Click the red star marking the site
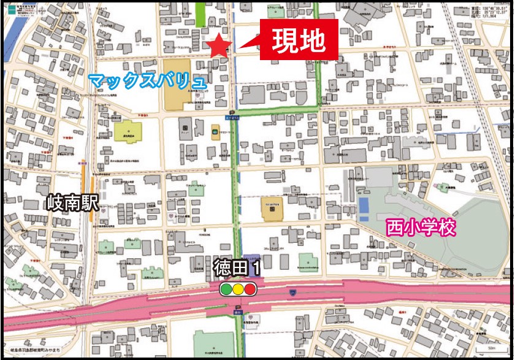[218, 47]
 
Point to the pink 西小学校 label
[421, 228]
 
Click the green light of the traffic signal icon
[226, 289]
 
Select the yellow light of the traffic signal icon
[238, 289]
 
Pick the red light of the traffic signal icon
[250, 289]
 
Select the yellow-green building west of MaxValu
[128, 132]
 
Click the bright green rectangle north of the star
[200, 14]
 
